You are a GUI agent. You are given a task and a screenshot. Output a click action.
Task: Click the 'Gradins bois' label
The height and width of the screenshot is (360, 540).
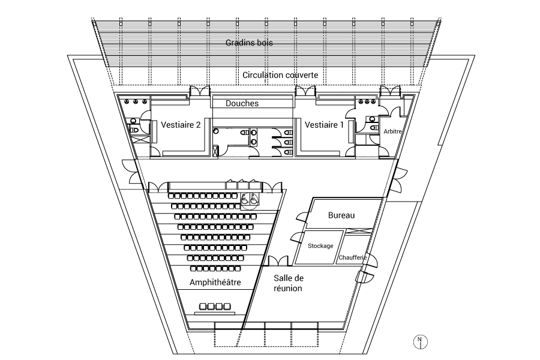(249, 43)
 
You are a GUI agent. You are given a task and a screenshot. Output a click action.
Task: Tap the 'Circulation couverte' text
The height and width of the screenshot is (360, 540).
(280, 75)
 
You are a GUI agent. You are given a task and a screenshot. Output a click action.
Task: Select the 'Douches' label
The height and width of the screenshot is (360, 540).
(242, 103)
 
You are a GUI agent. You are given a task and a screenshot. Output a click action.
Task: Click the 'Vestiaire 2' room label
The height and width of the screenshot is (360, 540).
(181, 124)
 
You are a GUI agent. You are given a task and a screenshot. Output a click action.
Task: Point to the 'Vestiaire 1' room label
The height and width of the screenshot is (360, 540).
(324, 124)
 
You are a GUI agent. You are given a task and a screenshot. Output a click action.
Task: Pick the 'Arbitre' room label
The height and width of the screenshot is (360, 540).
(392, 131)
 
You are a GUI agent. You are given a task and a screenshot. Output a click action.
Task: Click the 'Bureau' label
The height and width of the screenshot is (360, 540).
(341, 215)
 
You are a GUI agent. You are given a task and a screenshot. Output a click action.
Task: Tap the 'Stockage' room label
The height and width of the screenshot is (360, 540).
(320, 245)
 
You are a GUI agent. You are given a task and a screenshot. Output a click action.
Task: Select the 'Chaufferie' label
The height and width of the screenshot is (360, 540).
(352, 257)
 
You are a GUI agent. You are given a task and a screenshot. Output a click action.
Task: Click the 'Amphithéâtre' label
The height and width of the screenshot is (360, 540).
(215, 283)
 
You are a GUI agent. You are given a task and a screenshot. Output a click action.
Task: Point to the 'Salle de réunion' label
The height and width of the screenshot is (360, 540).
(288, 283)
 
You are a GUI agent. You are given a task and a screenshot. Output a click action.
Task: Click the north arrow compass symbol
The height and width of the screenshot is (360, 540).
(420, 342)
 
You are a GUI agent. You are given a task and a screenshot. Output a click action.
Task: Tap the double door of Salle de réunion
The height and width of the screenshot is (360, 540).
(278, 261)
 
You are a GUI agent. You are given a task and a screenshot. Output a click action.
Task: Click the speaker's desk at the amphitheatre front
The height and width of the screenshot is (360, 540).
(215, 313)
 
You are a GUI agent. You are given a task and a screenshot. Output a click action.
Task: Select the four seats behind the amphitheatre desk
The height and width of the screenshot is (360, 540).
(215, 306)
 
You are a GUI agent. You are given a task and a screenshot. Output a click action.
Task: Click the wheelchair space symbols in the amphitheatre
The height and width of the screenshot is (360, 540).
(250, 199)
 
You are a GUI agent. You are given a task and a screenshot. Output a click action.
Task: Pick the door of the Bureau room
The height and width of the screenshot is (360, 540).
(301, 217)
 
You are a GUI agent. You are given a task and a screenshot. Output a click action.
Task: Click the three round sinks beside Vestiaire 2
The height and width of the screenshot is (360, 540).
(136, 101)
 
